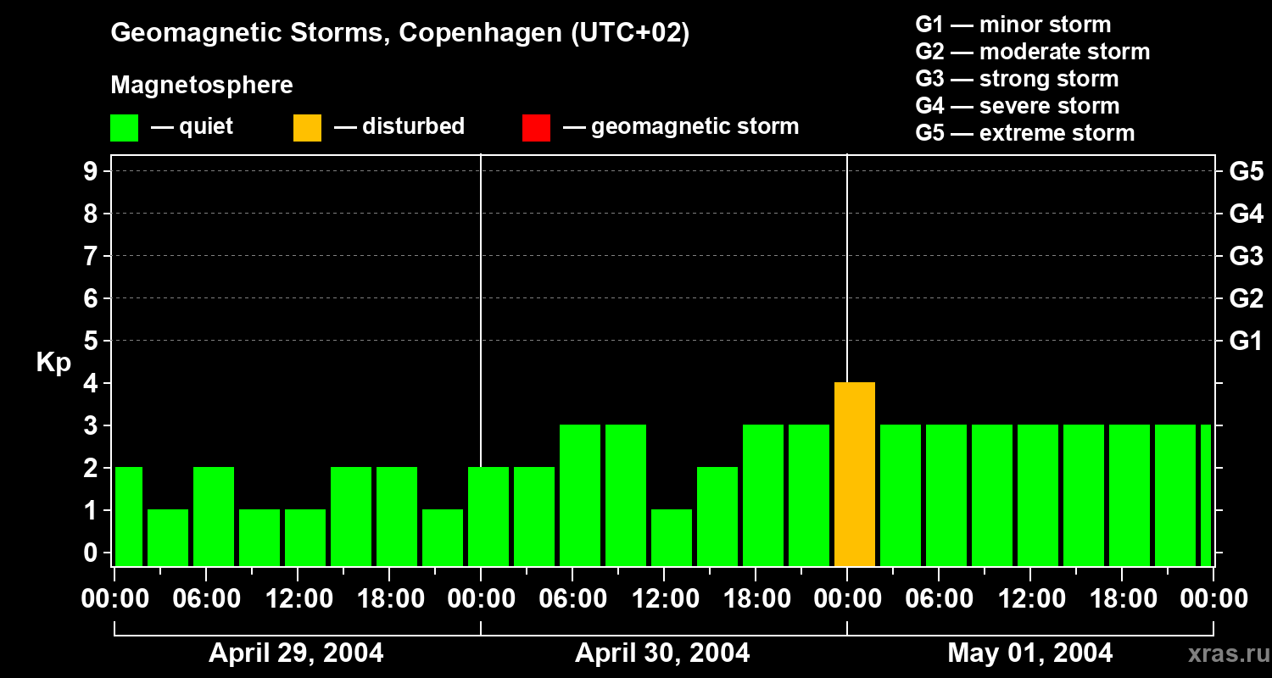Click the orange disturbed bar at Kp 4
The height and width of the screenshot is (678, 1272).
(854, 475)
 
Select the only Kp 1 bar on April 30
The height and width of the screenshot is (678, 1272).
(672, 537)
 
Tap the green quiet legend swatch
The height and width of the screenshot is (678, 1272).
(124, 128)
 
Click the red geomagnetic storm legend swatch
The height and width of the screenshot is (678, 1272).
(536, 128)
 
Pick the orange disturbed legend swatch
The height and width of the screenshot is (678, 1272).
(307, 128)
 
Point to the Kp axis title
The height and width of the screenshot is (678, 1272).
(53, 363)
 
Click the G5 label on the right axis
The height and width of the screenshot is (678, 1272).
(1246, 171)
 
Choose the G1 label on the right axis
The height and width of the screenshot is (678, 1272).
(1246, 341)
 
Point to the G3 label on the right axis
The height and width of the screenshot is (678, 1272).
(1246, 256)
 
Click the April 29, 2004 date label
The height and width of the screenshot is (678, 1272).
(296, 653)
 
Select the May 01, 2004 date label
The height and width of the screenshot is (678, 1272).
(1029, 653)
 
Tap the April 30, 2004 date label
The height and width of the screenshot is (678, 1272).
(662, 653)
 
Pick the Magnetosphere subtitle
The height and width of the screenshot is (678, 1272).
(202, 86)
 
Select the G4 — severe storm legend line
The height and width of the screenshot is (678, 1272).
(1017, 106)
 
